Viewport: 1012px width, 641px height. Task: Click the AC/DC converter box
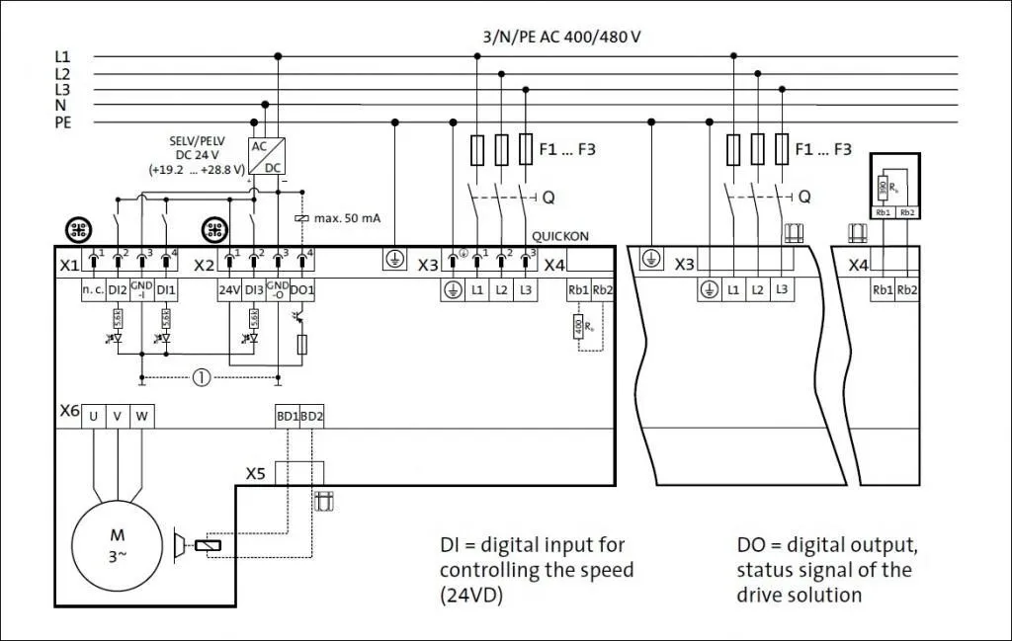click(x=267, y=156)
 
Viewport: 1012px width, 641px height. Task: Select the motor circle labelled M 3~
click(x=117, y=545)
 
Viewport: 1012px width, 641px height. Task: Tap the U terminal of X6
click(x=94, y=417)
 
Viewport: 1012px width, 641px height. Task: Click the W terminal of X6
click(x=141, y=417)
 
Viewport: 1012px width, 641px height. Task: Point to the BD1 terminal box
click(x=287, y=417)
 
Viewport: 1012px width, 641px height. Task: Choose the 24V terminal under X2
click(x=229, y=290)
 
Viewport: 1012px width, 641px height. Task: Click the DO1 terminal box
click(x=302, y=290)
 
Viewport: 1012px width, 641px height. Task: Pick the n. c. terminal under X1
click(x=93, y=290)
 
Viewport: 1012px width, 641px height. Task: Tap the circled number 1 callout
click(x=202, y=376)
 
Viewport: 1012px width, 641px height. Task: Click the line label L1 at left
click(x=62, y=57)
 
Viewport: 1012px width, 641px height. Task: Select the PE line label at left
click(x=63, y=122)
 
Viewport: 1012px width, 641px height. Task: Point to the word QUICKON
click(x=560, y=237)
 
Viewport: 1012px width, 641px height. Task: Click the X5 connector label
click(x=256, y=473)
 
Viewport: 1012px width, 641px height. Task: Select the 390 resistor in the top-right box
click(x=883, y=188)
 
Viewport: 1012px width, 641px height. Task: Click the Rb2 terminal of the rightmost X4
click(x=906, y=290)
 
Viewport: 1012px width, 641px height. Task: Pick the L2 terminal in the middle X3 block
click(x=757, y=290)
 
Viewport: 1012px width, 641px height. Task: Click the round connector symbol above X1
click(x=78, y=230)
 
